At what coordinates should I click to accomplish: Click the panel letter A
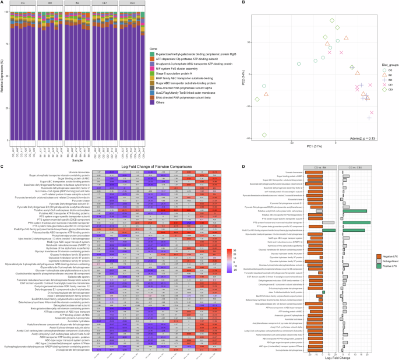(3, 3)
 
